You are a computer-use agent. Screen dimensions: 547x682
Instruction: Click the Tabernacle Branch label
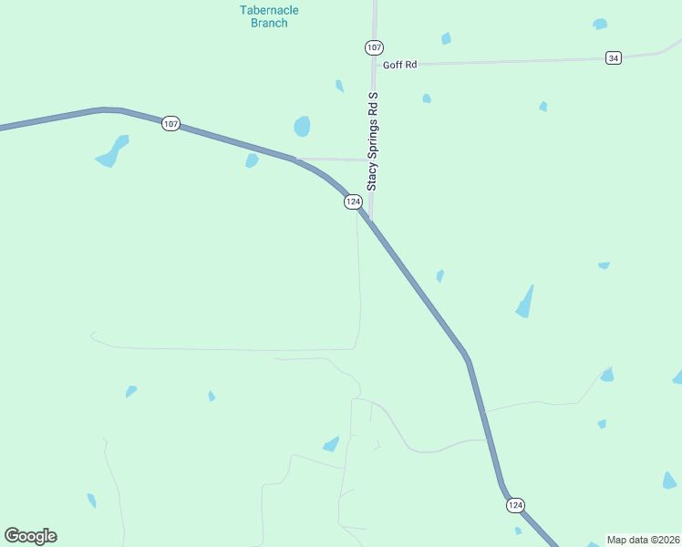click(269, 16)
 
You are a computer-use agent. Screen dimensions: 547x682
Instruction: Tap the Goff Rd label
click(399, 65)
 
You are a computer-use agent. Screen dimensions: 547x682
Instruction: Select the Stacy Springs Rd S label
click(372, 140)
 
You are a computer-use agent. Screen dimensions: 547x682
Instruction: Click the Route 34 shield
click(613, 58)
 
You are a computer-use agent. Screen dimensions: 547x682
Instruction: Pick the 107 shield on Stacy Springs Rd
click(373, 47)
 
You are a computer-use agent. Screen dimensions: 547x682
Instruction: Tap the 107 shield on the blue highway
click(170, 123)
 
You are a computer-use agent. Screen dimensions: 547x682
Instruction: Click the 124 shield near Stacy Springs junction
click(354, 201)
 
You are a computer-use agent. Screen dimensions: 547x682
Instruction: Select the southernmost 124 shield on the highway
click(515, 505)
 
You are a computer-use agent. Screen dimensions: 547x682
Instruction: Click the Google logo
click(30, 536)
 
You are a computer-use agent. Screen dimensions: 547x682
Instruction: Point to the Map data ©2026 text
click(642, 540)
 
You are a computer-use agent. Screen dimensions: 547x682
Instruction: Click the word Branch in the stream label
click(269, 23)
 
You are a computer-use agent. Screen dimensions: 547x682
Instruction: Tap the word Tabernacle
click(269, 10)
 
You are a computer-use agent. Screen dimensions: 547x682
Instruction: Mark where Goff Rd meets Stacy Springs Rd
click(374, 66)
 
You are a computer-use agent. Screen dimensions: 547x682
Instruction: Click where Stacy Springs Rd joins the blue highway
click(369, 220)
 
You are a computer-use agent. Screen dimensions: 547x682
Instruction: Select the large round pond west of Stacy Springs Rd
click(302, 126)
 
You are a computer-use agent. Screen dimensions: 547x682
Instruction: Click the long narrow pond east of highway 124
click(524, 303)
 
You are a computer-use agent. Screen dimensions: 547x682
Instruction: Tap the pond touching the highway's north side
click(251, 160)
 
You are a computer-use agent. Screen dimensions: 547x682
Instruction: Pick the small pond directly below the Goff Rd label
click(426, 98)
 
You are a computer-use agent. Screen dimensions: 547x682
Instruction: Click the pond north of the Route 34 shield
click(599, 25)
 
